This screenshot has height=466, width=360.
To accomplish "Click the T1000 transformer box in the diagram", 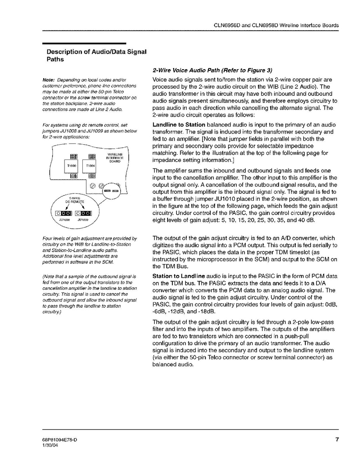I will click(x=72, y=166).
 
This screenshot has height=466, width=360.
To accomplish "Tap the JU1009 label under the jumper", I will click(x=83, y=220).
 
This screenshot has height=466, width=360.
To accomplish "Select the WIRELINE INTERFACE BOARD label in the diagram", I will click(x=115, y=158).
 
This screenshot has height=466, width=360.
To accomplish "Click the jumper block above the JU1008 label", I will click(x=63, y=213).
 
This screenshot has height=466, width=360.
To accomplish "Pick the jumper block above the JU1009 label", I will click(x=83, y=213).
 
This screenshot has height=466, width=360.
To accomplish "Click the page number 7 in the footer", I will click(x=337, y=440).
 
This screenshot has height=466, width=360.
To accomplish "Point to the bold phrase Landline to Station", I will click(x=179, y=125).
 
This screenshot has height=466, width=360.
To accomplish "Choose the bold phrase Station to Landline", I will click(x=179, y=276).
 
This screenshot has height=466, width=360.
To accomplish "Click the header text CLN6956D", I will click(x=227, y=25).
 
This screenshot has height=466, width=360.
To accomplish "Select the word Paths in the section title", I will click(x=55, y=60).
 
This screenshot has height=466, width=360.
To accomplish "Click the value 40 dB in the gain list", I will click(x=304, y=220).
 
